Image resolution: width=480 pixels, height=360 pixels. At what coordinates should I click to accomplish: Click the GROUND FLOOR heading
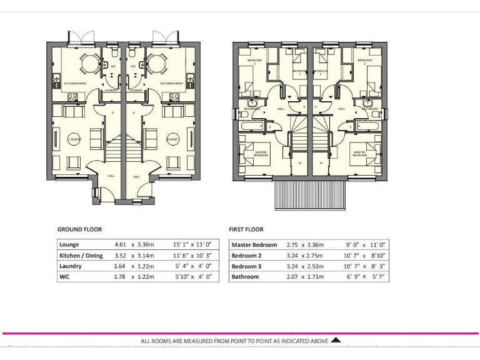(79, 229)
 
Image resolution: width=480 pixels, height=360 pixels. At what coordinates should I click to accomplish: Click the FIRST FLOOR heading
(247, 229)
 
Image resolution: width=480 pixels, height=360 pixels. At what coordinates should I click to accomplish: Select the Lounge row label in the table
(69, 245)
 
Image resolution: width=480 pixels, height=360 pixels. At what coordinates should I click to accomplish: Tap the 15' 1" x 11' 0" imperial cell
(194, 245)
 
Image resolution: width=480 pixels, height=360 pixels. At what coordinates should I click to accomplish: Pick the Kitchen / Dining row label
(81, 256)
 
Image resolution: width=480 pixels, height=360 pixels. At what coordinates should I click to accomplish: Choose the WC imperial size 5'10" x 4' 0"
(194, 277)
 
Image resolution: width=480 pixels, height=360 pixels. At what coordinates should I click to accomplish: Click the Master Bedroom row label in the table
(254, 245)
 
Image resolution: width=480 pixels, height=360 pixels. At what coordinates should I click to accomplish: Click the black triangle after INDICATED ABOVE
(336, 341)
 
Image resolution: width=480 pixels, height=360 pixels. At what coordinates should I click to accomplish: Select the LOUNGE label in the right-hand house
(172, 139)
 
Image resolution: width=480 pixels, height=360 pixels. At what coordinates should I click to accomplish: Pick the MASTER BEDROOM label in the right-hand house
(359, 154)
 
